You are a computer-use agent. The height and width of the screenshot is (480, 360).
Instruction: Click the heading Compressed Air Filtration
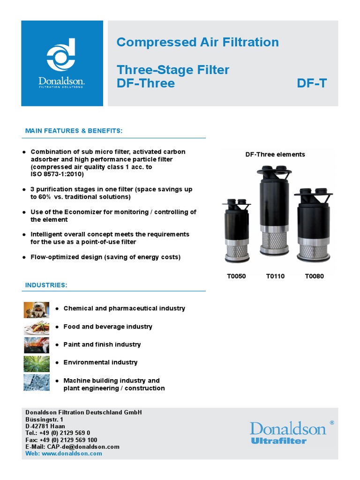[197, 42]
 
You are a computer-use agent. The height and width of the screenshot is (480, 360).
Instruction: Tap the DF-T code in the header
[312, 83]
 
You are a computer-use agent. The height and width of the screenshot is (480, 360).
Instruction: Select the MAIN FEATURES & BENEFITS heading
[74, 130]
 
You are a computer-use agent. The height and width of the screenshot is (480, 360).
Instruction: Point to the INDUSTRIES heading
[46, 285]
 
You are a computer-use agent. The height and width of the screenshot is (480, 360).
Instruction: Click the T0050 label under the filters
[236, 276]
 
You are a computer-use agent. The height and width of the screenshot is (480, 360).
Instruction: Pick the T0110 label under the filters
[275, 276]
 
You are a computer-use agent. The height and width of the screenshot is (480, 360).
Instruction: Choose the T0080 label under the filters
[314, 276]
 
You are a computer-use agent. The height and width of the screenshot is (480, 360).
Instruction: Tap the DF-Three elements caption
[275, 154]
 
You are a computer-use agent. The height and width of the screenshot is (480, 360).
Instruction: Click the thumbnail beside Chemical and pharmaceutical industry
[37, 309]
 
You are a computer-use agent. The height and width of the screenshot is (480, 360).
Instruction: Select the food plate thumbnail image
[37, 327]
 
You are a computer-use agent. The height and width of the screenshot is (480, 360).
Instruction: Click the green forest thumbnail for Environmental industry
[37, 363]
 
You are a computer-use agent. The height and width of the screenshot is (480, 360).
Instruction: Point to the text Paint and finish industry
[102, 345]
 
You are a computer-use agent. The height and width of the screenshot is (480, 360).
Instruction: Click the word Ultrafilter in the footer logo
[278, 441]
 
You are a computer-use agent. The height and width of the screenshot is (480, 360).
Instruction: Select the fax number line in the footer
[61, 440]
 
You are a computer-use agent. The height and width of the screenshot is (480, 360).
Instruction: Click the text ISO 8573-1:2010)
[57, 174]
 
